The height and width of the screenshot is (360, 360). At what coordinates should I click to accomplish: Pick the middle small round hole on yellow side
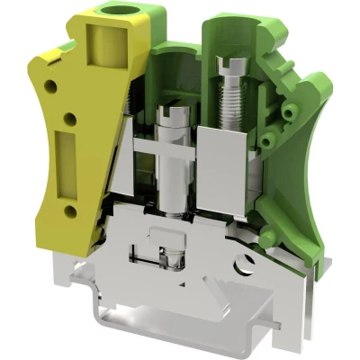coord(67,116)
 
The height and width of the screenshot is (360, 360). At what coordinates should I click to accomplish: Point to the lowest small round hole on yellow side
coord(70,210)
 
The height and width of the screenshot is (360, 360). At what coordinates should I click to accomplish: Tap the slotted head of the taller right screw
coord(229,63)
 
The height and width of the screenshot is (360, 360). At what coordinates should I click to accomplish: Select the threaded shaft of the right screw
coord(229,104)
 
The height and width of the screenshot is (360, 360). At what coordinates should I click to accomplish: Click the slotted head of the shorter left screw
coord(166,115)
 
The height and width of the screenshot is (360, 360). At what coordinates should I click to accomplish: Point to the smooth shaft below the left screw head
coord(167,171)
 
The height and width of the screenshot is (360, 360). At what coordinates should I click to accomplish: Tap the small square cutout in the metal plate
coord(162,242)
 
